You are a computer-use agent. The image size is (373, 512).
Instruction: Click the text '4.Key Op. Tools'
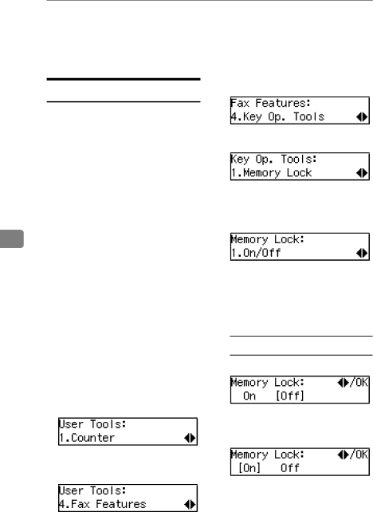click(277, 116)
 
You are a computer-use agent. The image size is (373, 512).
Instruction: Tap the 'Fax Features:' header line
click(270, 103)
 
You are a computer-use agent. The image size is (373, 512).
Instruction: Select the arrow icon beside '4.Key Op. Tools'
click(362, 117)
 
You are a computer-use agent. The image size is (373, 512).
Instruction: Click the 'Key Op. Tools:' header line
click(273, 159)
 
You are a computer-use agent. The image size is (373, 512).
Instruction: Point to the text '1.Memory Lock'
click(272, 173)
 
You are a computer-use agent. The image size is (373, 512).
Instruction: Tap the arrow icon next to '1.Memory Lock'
click(362, 173)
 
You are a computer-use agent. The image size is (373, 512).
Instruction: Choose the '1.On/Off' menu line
click(256, 253)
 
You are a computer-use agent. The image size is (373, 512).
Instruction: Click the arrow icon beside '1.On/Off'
click(362, 253)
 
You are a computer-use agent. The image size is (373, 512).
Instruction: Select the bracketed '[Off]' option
click(290, 396)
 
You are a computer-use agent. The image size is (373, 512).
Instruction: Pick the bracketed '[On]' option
click(249, 468)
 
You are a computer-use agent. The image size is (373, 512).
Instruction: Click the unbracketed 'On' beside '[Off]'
click(249, 396)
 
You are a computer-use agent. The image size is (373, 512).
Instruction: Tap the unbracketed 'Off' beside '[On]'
click(290, 468)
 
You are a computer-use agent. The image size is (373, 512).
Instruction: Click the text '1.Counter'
click(87, 438)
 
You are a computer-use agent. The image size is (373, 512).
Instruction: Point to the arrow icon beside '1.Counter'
click(190, 438)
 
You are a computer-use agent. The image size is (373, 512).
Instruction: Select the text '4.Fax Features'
click(103, 504)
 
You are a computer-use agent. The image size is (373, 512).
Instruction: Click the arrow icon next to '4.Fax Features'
click(190, 505)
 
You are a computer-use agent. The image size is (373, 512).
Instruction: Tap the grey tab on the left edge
click(12, 238)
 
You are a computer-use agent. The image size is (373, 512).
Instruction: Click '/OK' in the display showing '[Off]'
click(359, 382)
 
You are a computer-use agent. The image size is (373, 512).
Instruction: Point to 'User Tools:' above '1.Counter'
click(92, 424)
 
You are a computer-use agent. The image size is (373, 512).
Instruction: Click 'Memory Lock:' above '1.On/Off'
click(268, 239)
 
